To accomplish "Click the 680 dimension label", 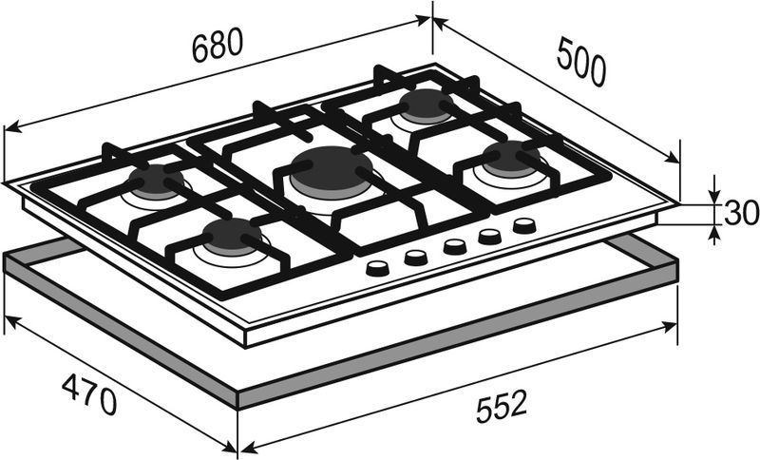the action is [217, 45].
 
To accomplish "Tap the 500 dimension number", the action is [581, 63].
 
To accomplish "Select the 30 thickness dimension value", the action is [741, 213].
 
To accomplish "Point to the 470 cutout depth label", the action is [89, 394].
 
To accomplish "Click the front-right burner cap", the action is [511, 156].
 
